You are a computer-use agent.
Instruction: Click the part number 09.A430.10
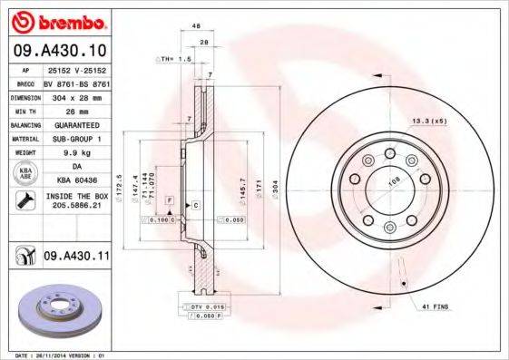coord(61,51)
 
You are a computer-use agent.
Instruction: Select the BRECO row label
coord(26,82)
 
